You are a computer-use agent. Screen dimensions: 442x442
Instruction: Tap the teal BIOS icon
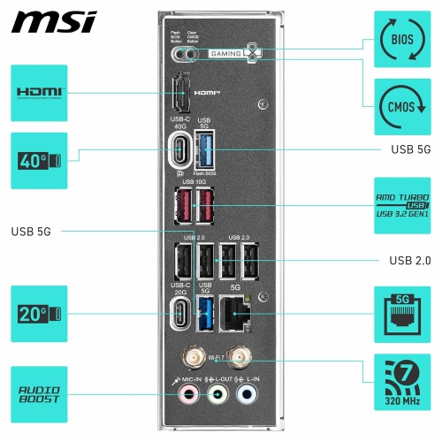[402, 40]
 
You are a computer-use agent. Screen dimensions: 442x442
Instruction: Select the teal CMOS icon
[402, 106]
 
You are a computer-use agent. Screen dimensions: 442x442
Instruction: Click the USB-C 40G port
[180, 149]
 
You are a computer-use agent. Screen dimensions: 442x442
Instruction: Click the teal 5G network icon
[402, 313]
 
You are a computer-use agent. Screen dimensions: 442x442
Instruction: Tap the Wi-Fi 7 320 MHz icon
[402, 382]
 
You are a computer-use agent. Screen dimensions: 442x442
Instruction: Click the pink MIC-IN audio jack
[182, 396]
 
